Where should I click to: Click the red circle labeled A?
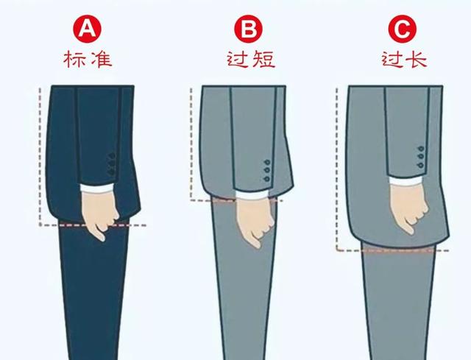pos(88,29)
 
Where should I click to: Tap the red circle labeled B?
pos(248,29)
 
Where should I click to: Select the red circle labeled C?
pos(400,29)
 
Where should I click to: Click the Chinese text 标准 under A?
pos(88,59)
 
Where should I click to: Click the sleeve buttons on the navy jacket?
pos(113,163)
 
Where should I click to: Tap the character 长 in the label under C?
pos(415,59)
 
